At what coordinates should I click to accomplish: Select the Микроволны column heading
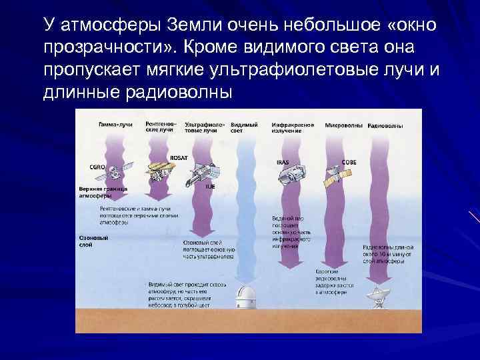coord(344,125)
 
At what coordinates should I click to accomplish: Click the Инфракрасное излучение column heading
coord(291,128)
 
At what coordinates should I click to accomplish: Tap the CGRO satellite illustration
coord(113,173)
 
